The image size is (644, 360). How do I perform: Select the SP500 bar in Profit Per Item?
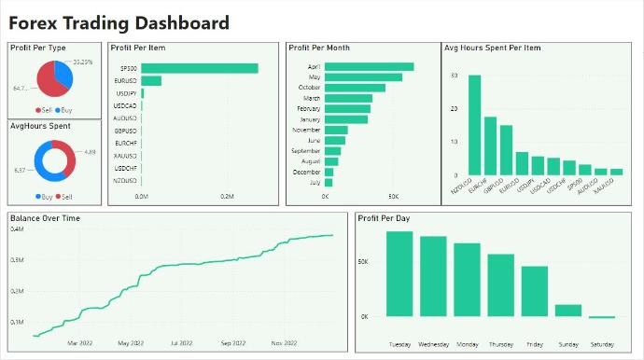pyautogui.click(x=200, y=68)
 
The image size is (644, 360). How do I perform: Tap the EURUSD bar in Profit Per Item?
pyautogui.click(x=151, y=81)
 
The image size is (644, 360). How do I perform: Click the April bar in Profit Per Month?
pyautogui.click(x=369, y=66)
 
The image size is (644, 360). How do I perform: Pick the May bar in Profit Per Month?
pyautogui.click(x=363, y=77)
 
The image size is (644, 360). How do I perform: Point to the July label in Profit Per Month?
pyautogui.click(x=314, y=183)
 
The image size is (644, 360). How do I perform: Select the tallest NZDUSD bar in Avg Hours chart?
pyautogui.click(x=474, y=125)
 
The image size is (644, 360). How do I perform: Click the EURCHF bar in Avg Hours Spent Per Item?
pyautogui.click(x=490, y=146)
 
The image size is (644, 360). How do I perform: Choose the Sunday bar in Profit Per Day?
pyautogui.click(x=568, y=311)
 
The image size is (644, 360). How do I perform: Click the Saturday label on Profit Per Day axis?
pyautogui.click(x=601, y=343)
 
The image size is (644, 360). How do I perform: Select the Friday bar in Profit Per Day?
pyautogui.click(x=535, y=292)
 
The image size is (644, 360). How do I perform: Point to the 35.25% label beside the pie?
pyautogui.click(x=81, y=62)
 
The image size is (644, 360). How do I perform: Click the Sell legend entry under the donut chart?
pyautogui.click(x=63, y=197)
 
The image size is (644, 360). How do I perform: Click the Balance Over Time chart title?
pyautogui.click(x=45, y=218)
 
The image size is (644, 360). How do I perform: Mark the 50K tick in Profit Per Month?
pyautogui.click(x=393, y=197)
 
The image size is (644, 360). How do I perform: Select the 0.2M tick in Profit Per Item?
pyautogui.click(x=227, y=197)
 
